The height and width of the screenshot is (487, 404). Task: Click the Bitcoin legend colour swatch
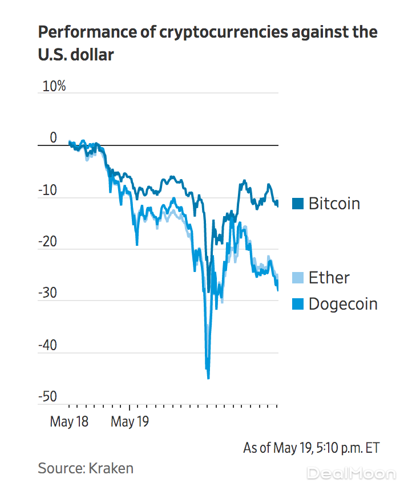pos(297,204)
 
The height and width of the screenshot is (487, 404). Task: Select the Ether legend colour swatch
pos(297,278)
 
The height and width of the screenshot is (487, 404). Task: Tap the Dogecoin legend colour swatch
pos(297,304)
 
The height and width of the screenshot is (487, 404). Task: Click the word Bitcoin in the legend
pos(334,204)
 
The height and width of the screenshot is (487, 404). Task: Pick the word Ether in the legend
pos(329,278)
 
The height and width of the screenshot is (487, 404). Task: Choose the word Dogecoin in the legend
pos(343,304)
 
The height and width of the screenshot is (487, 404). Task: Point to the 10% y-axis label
pos(52,87)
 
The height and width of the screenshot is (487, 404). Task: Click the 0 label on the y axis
pos(53,138)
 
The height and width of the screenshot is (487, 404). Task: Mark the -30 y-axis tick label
pos(48,293)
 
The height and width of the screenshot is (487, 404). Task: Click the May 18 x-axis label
pos(69,422)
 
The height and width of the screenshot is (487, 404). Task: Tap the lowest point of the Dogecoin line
pos(208,378)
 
